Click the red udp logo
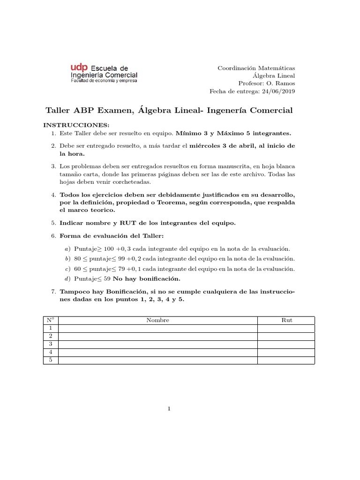[x=78, y=68]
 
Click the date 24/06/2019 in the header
[x=278, y=91]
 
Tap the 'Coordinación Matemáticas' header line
[x=256, y=68]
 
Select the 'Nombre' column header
[x=157, y=320]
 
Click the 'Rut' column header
[x=286, y=320]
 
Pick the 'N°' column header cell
[x=50, y=320]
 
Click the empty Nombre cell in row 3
[x=157, y=344]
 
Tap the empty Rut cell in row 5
[x=286, y=360]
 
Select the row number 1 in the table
[x=50, y=328]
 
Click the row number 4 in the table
[x=50, y=352]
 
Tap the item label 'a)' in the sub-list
[x=67, y=248]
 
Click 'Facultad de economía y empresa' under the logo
[x=104, y=81]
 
